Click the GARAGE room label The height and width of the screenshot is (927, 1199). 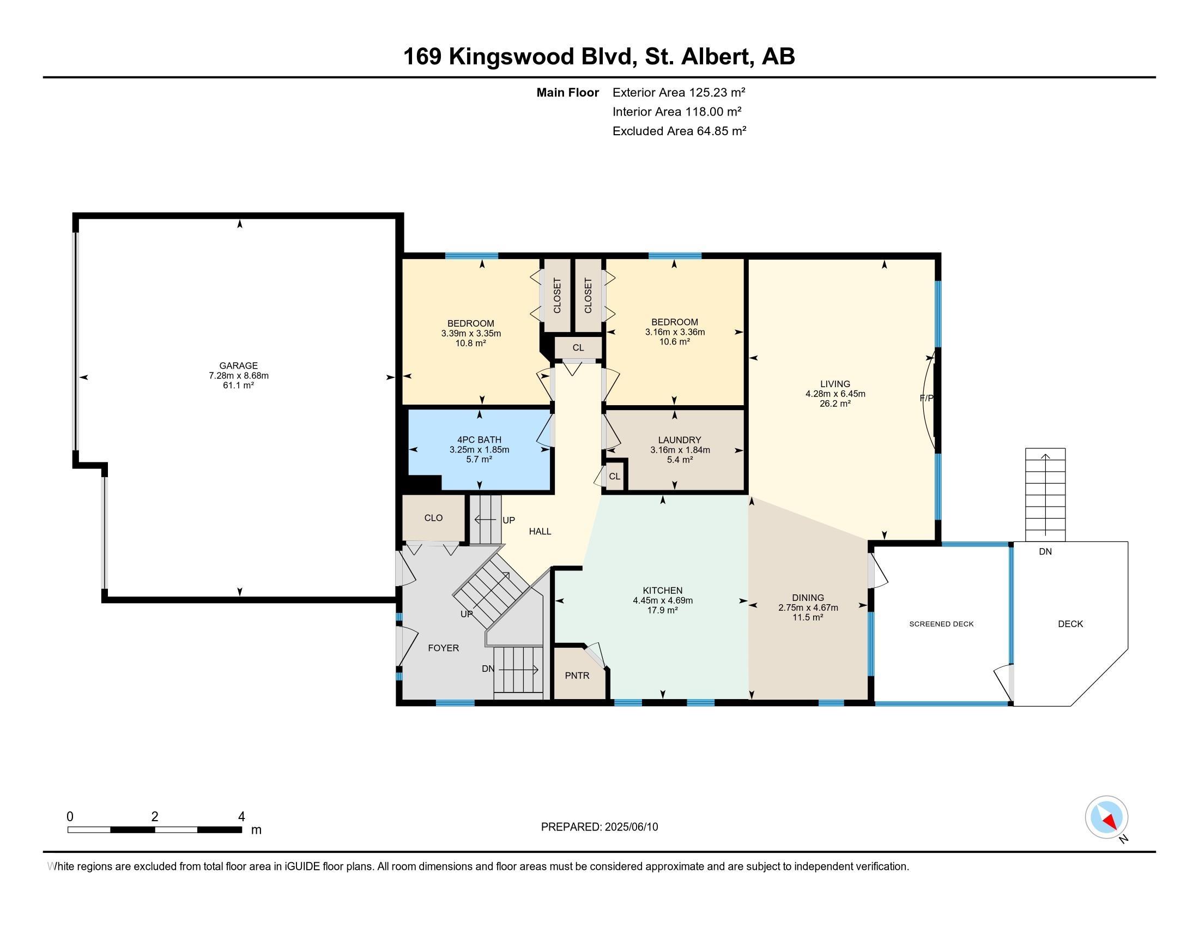tap(238, 366)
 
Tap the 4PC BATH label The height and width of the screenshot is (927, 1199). tap(479, 440)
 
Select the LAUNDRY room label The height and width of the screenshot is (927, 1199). tap(680, 440)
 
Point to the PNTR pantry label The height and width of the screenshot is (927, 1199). tap(577, 676)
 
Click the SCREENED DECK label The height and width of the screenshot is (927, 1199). tap(942, 624)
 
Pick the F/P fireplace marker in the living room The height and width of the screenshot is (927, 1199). tap(926, 398)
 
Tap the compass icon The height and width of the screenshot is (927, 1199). tap(1107, 817)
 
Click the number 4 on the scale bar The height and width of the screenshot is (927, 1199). tap(241, 817)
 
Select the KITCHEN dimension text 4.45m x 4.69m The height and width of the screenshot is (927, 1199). tap(663, 601)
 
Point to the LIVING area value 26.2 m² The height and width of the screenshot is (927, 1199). tap(835, 404)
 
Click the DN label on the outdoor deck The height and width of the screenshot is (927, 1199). tap(1045, 551)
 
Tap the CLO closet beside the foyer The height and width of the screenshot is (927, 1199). tap(433, 518)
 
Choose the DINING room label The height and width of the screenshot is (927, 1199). tap(808, 598)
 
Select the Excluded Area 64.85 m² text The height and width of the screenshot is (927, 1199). tap(679, 131)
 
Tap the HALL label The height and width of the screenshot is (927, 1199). tap(540, 531)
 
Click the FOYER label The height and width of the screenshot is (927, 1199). tap(443, 648)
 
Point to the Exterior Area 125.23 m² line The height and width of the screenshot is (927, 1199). tap(679, 92)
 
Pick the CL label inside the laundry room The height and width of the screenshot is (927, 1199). tap(614, 476)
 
